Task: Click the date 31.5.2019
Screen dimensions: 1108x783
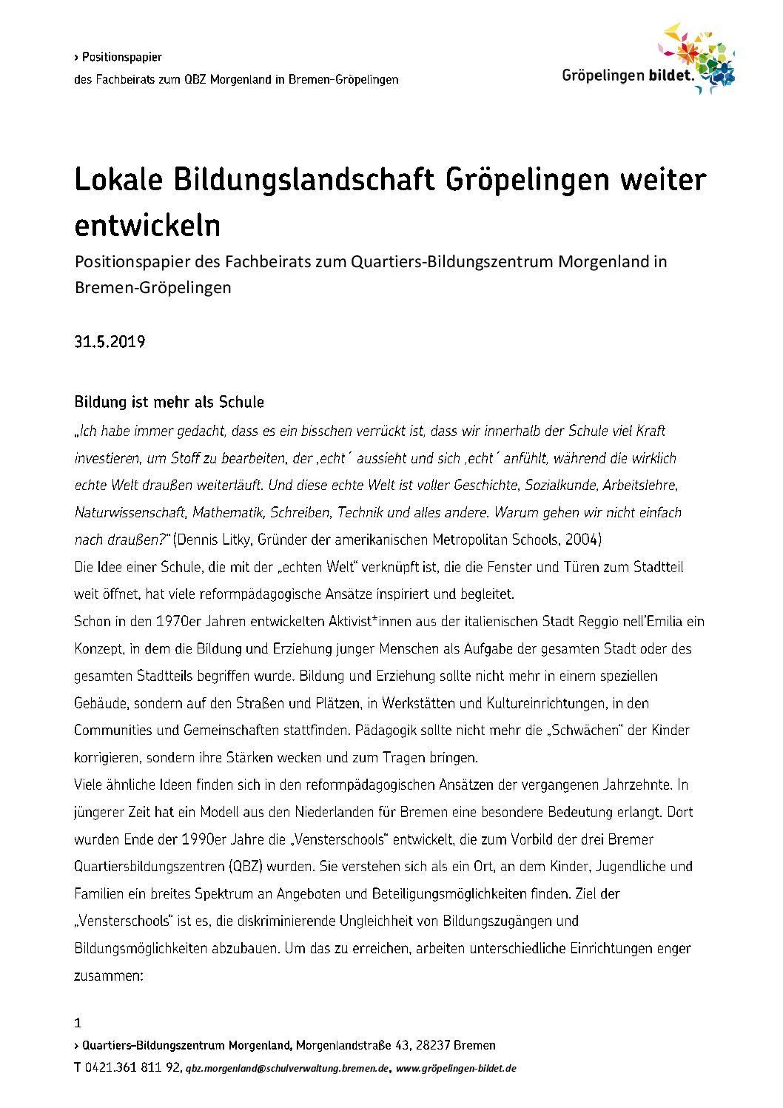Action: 110,342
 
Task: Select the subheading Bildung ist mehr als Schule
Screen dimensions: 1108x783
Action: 169,402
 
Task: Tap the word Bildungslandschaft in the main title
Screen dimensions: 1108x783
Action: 303,180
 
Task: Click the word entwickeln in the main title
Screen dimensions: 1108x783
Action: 147,225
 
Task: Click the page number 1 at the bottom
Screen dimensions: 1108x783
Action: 78,1023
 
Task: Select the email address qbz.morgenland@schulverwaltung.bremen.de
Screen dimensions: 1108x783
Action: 287,1068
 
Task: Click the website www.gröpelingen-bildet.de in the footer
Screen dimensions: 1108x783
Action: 456,1068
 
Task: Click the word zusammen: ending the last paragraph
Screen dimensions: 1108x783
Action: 108,976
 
